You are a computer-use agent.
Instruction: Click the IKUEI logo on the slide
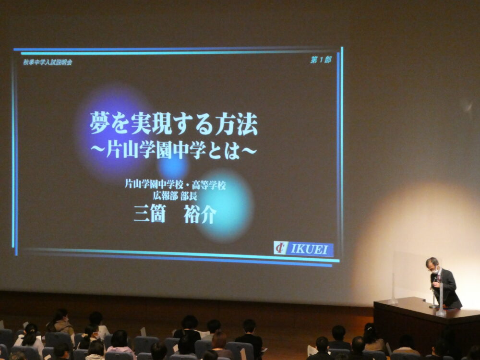303,249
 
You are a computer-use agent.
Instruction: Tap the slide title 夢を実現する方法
174,124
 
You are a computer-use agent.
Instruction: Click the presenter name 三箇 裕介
175,214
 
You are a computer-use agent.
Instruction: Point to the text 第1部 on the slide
321,60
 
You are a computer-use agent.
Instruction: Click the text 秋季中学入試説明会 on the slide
48,62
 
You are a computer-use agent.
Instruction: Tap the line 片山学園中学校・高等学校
175,185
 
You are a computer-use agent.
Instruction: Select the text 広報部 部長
175,196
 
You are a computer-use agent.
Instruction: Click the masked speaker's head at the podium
432,264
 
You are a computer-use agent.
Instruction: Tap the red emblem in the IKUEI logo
280,248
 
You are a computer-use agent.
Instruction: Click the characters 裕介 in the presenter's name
200,214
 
